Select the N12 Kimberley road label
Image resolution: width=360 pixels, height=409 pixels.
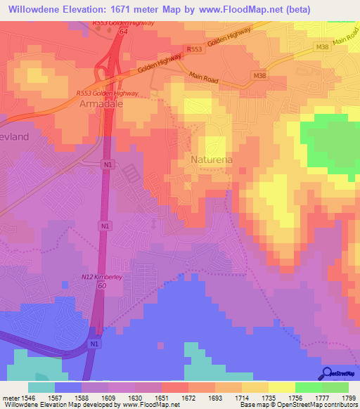click(x=102, y=278)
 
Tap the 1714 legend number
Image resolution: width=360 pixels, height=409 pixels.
click(x=240, y=397)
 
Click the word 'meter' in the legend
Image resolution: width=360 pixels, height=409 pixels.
click(x=11, y=397)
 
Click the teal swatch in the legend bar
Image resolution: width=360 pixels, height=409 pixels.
click(x=41, y=387)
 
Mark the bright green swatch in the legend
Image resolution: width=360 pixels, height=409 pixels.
click(x=309, y=387)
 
